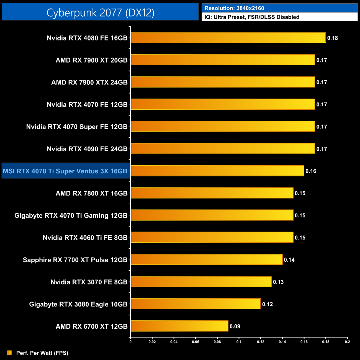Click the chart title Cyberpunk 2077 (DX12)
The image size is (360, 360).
coord(100,12)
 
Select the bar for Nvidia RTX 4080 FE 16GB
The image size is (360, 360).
coord(228,38)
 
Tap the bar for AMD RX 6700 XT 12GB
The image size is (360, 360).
coord(179,326)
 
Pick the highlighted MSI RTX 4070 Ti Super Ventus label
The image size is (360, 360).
coord(65,171)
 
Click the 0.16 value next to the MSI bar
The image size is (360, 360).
coord(311,171)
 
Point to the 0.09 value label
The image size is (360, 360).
coord(235,326)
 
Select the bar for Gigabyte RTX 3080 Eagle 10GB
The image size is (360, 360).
coord(196,304)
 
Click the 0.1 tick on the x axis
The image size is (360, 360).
coord(239,342)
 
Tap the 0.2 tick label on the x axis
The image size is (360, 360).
coord(347,342)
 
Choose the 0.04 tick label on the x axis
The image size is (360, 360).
coord(174,342)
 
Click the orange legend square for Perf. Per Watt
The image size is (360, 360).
coord(10,353)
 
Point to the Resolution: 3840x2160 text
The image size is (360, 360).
coord(234,8)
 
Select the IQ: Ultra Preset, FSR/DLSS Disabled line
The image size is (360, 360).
coord(252,17)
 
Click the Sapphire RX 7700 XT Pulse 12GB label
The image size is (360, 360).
coord(75,260)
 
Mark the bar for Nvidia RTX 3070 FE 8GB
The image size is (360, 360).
coord(201,282)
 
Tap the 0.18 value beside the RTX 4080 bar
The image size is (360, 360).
coord(332,38)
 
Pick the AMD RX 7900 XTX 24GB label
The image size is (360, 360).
coord(89,82)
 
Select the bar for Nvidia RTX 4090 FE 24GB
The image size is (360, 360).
coord(223,148)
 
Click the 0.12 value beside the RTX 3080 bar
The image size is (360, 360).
coord(267,304)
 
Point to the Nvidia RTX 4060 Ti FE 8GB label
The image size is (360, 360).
coord(85,238)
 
